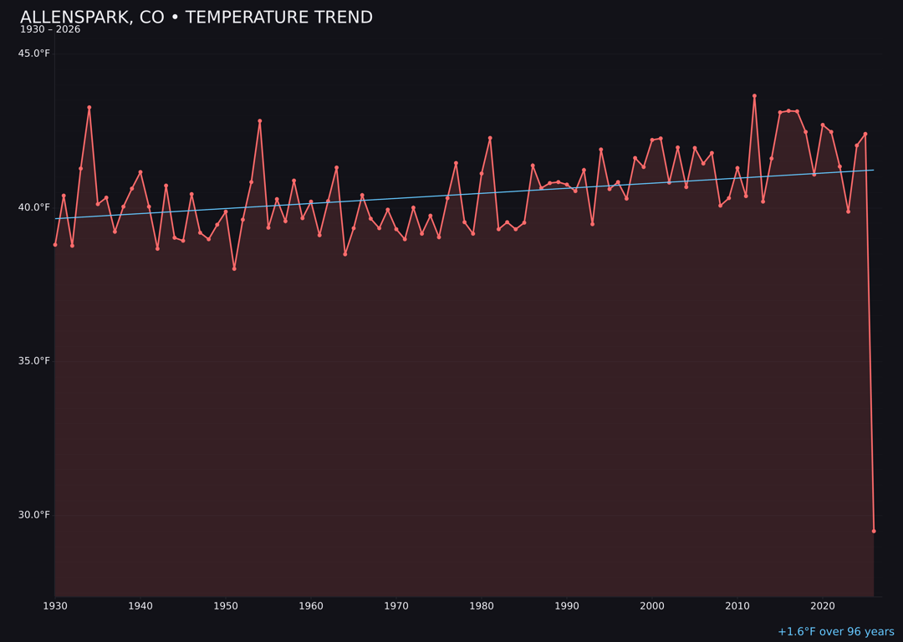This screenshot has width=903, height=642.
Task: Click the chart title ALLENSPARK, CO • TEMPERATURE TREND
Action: (x=196, y=18)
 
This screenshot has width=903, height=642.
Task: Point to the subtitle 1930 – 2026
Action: (x=50, y=30)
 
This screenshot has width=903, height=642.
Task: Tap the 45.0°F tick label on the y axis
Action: (x=34, y=53)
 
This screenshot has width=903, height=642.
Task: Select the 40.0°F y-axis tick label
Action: (x=34, y=207)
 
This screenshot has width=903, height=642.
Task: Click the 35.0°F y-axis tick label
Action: (x=34, y=361)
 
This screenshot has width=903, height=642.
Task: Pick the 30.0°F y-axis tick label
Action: (x=34, y=515)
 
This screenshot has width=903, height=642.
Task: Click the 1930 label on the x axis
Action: (x=55, y=606)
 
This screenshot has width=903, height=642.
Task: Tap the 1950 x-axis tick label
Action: (x=226, y=606)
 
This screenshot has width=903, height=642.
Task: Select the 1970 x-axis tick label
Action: (x=396, y=606)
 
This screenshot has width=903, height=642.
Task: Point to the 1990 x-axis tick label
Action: (x=567, y=606)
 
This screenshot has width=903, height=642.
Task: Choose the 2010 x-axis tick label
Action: (x=737, y=606)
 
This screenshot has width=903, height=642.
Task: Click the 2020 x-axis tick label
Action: (x=823, y=606)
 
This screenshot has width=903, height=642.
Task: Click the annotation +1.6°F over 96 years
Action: (x=835, y=632)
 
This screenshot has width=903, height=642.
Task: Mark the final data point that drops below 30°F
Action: (x=874, y=531)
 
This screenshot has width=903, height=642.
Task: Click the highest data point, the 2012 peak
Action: (x=754, y=96)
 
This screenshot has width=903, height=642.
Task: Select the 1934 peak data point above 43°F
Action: (x=89, y=108)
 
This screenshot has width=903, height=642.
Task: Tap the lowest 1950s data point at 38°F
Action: (x=234, y=268)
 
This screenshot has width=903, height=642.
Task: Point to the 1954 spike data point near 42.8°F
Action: (x=260, y=121)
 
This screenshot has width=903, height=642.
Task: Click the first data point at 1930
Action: (x=55, y=245)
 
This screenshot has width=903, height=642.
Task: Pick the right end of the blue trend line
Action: (x=873, y=171)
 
